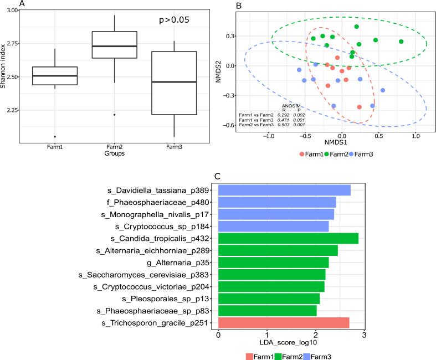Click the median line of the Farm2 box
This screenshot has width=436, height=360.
pos(114,47)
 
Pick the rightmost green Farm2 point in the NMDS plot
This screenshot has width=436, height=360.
pos(401,42)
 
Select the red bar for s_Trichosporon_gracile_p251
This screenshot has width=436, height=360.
pos(284,323)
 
